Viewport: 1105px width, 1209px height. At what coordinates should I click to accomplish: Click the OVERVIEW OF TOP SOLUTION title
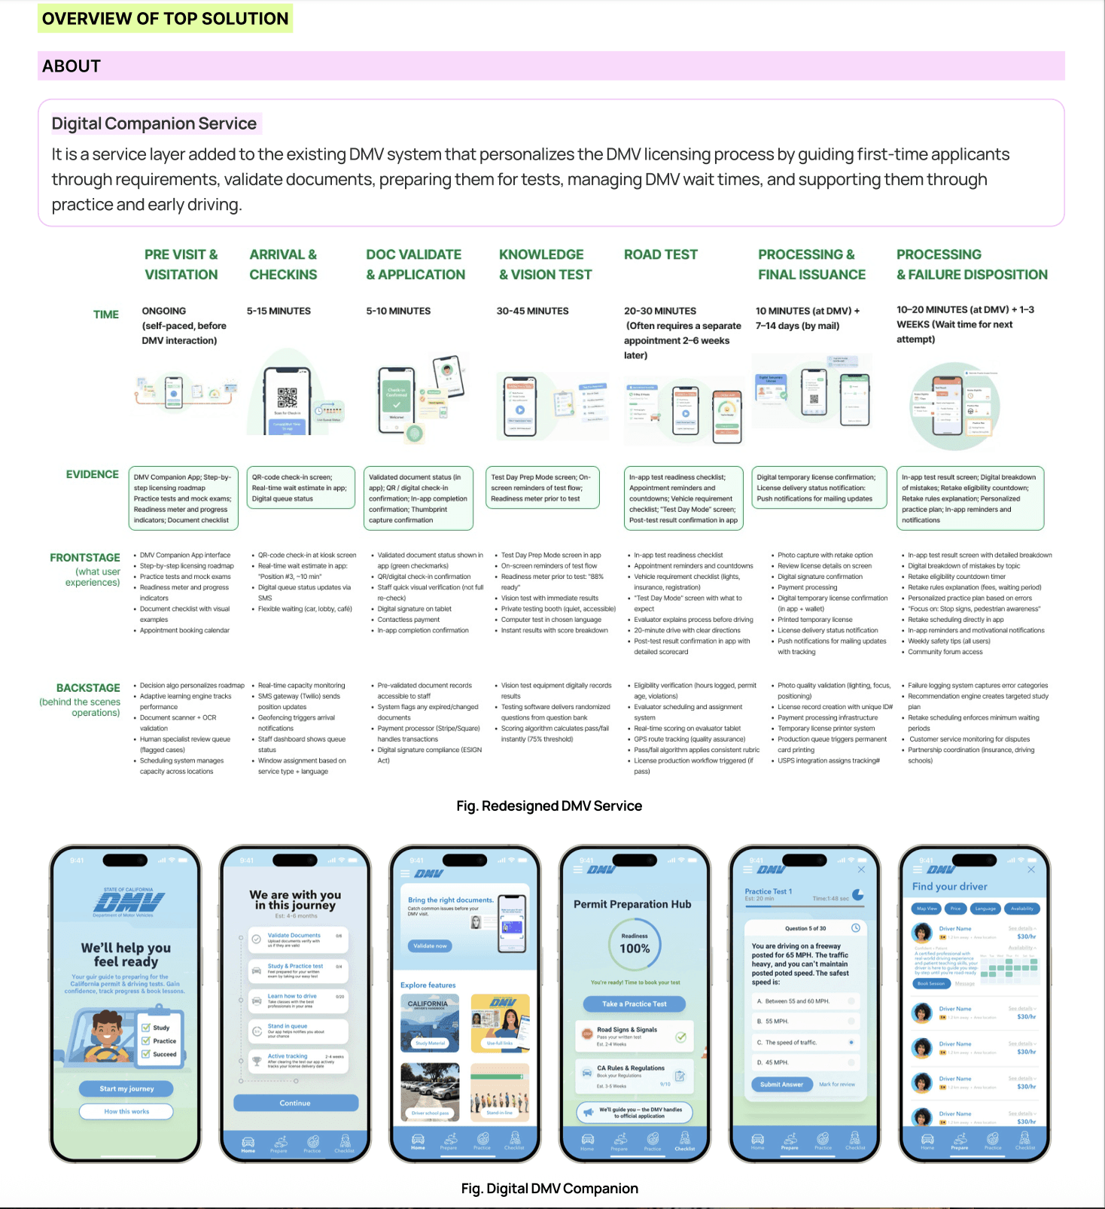[x=165, y=19]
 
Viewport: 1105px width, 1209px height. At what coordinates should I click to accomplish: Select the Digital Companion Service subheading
[x=154, y=123]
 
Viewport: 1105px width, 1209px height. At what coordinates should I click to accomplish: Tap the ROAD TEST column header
[x=660, y=254]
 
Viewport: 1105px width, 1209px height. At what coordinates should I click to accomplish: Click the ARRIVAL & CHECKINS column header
[x=283, y=264]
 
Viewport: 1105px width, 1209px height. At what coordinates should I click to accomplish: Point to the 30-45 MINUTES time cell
[x=532, y=311]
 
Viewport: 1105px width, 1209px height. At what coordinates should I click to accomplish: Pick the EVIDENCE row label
[x=92, y=474]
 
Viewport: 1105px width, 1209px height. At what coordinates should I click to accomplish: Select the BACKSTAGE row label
[x=87, y=688]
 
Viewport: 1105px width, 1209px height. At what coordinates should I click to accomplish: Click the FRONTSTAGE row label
[x=84, y=558]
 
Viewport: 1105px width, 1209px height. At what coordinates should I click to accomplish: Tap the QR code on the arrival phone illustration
[x=287, y=397]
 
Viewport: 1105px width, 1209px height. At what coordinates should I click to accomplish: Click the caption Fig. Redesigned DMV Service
[x=549, y=806]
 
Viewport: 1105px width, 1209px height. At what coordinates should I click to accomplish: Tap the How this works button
[x=126, y=1111]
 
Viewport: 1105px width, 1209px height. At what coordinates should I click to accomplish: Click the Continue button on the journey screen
[x=295, y=1103]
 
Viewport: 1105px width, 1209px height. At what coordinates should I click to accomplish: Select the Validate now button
[x=430, y=946]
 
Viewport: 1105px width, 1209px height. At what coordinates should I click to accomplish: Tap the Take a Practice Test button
[x=634, y=1003]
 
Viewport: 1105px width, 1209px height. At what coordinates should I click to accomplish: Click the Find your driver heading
[x=949, y=887]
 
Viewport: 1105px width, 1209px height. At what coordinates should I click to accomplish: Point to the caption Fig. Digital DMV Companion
[x=549, y=1189]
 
